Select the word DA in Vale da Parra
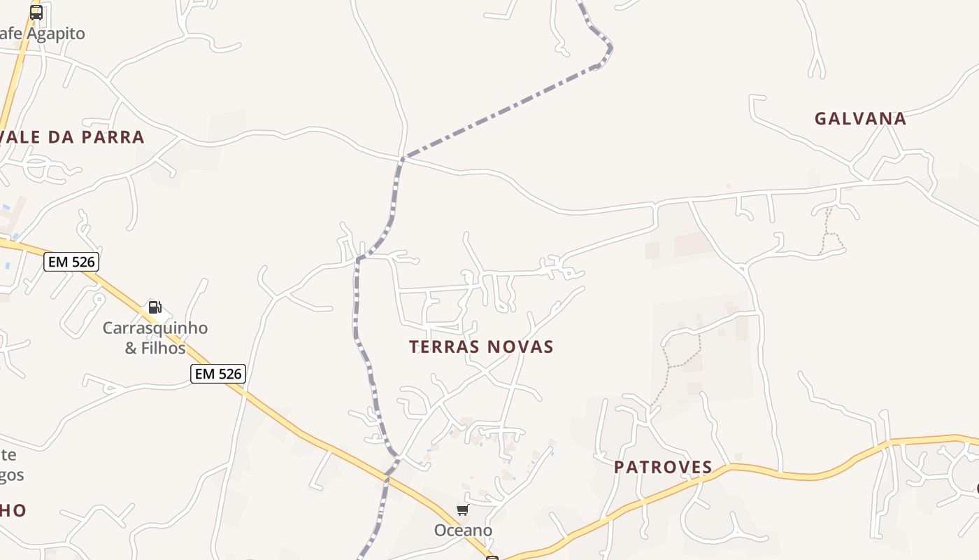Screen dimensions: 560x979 (61, 137)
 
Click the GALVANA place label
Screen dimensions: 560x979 (860, 118)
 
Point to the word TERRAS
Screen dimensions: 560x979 (443, 346)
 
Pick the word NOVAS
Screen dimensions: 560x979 (520, 346)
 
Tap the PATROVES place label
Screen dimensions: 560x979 (663, 467)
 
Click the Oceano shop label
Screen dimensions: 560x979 (463, 530)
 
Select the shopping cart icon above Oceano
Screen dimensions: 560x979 (462, 510)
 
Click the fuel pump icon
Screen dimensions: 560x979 (155, 307)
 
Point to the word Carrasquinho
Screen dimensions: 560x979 (155, 328)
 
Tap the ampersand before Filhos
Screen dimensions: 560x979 (131, 348)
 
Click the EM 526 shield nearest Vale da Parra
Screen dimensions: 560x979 (71, 262)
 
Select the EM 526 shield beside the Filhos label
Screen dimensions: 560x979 (218, 374)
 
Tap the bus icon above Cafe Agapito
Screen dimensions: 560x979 (36, 12)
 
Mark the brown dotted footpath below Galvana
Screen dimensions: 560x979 (828, 231)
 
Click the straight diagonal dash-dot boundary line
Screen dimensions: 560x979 (500, 112)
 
